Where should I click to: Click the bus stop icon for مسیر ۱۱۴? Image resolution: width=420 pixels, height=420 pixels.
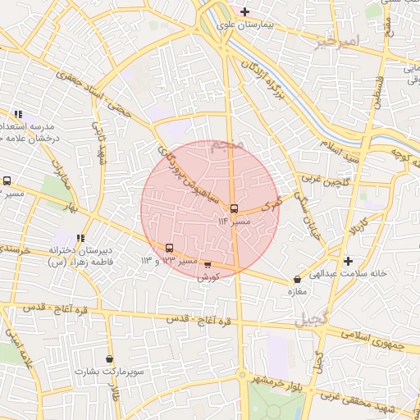[x=234, y=209]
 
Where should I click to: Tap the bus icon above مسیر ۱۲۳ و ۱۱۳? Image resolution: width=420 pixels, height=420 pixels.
[x=170, y=248]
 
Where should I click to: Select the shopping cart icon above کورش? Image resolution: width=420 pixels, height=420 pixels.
[x=208, y=265]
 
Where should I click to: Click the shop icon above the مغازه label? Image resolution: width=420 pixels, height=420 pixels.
[x=297, y=280]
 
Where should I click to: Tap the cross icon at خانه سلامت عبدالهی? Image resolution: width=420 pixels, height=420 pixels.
[x=349, y=261]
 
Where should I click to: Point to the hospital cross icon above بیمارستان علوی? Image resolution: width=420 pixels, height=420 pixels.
[x=245, y=11]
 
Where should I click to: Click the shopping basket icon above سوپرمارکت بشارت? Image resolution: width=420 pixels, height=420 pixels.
[x=110, y=358]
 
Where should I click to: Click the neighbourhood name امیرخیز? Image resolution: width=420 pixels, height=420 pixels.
[x=337, y=41]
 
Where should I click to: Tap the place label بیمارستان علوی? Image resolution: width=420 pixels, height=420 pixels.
[x=243, y=25]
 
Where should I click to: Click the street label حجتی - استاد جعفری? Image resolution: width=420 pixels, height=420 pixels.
[x=93, y=89]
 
